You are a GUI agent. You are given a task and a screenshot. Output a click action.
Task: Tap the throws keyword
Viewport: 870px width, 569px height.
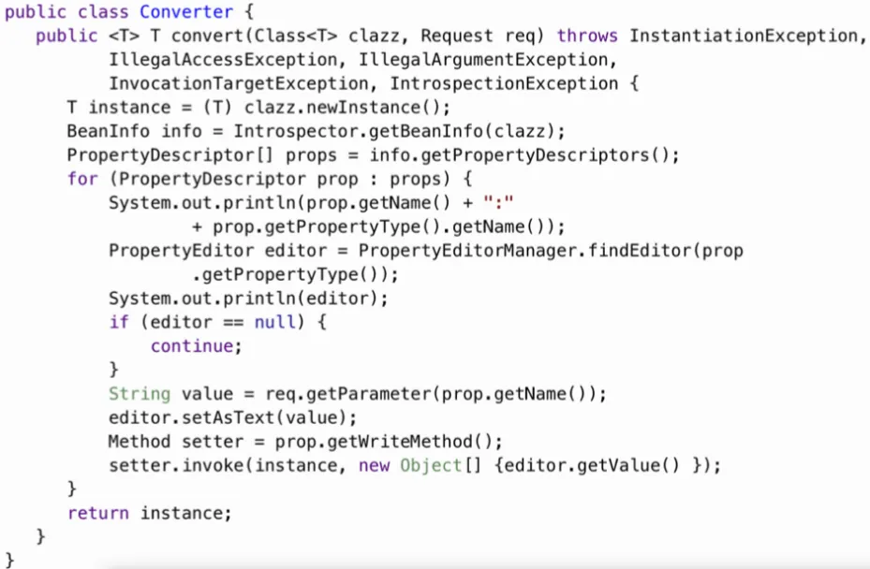tap(587, 36)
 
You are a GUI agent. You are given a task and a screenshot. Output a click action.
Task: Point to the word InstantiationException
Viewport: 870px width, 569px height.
tap(744, 36)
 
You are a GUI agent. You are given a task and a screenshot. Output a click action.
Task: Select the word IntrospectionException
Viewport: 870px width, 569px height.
tap(506, 84)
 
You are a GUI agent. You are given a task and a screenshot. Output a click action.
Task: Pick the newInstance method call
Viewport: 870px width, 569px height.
tap(389, 108)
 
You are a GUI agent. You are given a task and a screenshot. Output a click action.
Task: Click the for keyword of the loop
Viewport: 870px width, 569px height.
tap(82, 179)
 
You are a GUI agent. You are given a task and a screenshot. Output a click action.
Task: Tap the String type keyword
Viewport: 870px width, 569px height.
tap(140, 394)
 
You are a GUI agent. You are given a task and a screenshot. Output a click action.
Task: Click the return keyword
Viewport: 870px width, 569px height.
tap(98, 513)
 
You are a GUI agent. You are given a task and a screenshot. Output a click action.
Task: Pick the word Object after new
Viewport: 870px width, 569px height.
tap(431, 465)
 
